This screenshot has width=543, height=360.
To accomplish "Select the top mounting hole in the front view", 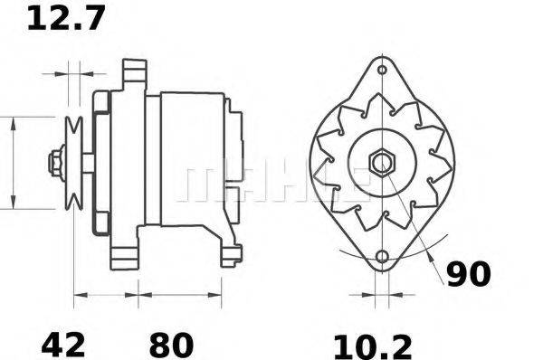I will tap(382, 70).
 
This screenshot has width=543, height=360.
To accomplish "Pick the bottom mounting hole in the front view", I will tap(382, 257).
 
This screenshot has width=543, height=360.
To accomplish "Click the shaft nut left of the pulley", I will tap(53, 164).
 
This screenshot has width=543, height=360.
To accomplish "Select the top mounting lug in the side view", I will tap(134, 70).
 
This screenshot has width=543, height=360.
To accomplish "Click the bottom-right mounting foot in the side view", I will tap(231, 255).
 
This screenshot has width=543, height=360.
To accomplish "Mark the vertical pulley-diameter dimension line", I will tap(13, 163).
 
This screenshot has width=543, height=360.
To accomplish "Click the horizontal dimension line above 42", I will tap(105, 294).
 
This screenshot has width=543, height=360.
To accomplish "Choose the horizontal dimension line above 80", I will tap(179, 294).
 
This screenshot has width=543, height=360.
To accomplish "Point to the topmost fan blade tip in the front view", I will tap(382, 101).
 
